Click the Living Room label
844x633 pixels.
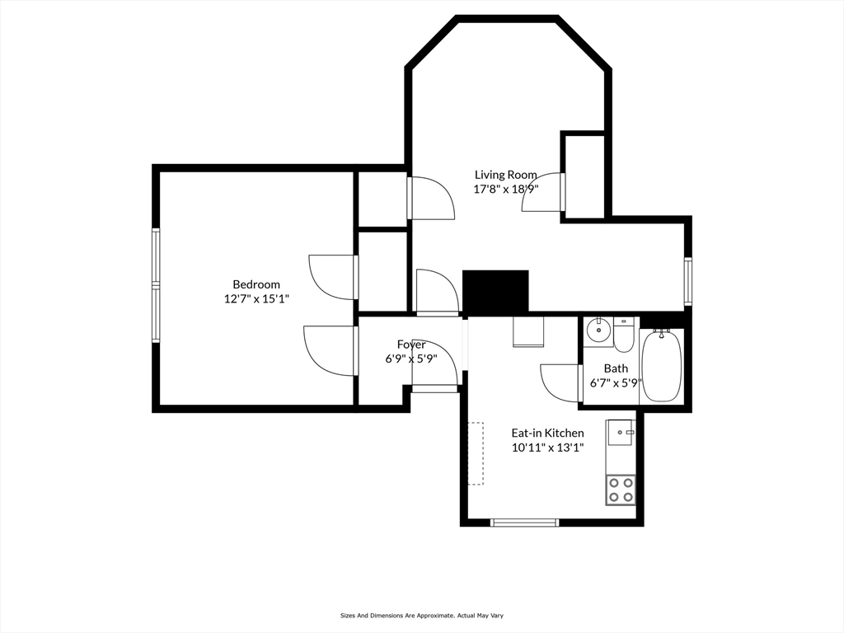pos(505,175)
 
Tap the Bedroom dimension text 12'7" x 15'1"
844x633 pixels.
pos(257,298)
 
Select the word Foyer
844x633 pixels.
pos(411,345)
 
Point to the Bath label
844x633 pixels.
pos(616,368)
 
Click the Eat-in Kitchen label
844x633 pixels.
pos(547,433)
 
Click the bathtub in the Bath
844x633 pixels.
pos(662,366)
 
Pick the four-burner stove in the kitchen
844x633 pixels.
pos(620,490)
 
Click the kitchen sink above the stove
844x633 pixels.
pos(621,432)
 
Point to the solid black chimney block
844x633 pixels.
pos(495,292)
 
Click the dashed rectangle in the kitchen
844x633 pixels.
pos(476,454)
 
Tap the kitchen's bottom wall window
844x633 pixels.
pos(525,522)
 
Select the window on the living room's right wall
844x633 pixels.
pos(688,282)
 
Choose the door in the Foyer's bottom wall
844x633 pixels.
pos(435,389)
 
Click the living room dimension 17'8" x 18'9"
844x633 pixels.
pos(506,189)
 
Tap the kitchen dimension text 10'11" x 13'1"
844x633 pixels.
pos(548,448)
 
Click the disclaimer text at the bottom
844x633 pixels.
pos(421,615)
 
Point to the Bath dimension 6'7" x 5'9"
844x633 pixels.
pos(616,383)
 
